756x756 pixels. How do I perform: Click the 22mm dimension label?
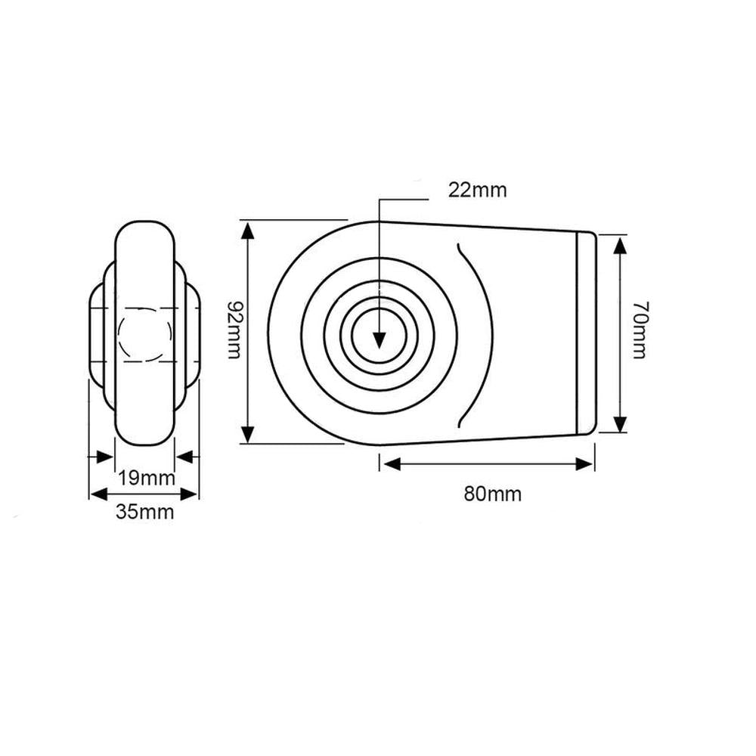(x=477, y=190)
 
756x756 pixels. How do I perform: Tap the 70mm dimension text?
(x=639, y=330)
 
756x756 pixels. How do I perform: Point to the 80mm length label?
(x=492, y=494)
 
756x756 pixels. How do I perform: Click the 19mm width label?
(x=147, y=478)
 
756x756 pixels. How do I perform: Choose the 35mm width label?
(x=144, y=512)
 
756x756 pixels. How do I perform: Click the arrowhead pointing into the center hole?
(x=380, y=340)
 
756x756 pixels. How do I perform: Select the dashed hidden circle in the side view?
(x=146, y=333)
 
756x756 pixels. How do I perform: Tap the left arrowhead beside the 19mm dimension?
(x=104, y=456)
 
